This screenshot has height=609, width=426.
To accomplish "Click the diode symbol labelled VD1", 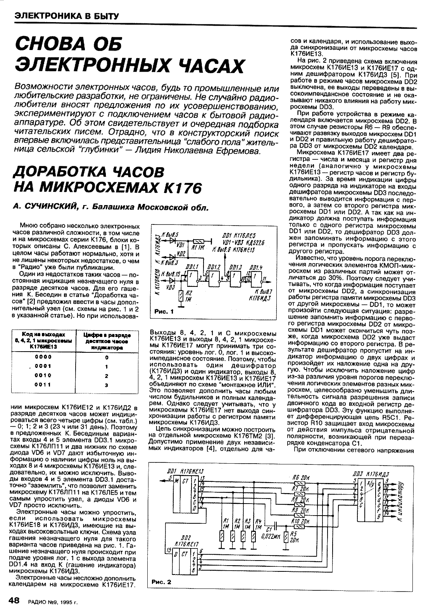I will [x=173, y=240].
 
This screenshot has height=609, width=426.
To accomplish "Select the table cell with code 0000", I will [x=40, y=357].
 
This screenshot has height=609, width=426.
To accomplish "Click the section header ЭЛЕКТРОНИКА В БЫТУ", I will [x=64, y=16].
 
